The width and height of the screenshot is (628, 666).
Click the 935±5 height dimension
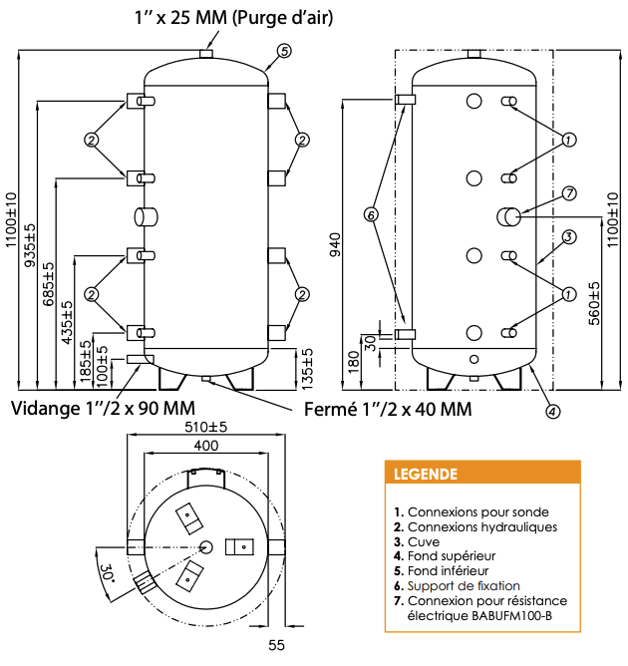coord(30,245)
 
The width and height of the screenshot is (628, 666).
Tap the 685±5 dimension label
coord(49,284)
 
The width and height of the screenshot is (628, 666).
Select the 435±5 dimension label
coord(67,322)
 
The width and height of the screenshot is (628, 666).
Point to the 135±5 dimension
coord(307,369)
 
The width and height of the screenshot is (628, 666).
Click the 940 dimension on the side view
coord(336,244)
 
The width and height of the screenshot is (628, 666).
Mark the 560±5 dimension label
coord(594,303)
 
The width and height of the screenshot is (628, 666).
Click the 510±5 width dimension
coord(206,427)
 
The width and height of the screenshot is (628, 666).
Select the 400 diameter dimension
coord(206,445)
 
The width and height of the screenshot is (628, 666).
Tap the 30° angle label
coord(106,573)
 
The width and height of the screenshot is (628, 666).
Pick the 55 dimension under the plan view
coord(276,645)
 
